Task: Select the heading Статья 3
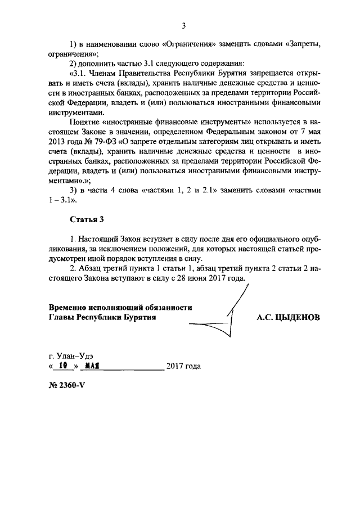(87, 218)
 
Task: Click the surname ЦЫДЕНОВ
(299, 317)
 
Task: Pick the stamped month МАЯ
(90, 366)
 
